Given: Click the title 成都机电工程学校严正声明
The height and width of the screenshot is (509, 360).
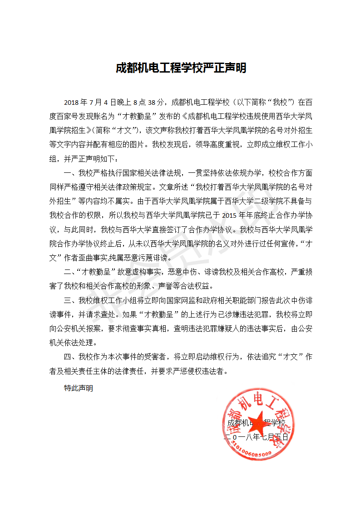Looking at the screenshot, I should tap(180, 68).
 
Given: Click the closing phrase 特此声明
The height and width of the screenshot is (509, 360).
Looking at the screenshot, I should tap(79, 388).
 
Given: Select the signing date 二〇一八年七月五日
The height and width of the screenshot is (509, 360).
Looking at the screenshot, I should tap(257, 437).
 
